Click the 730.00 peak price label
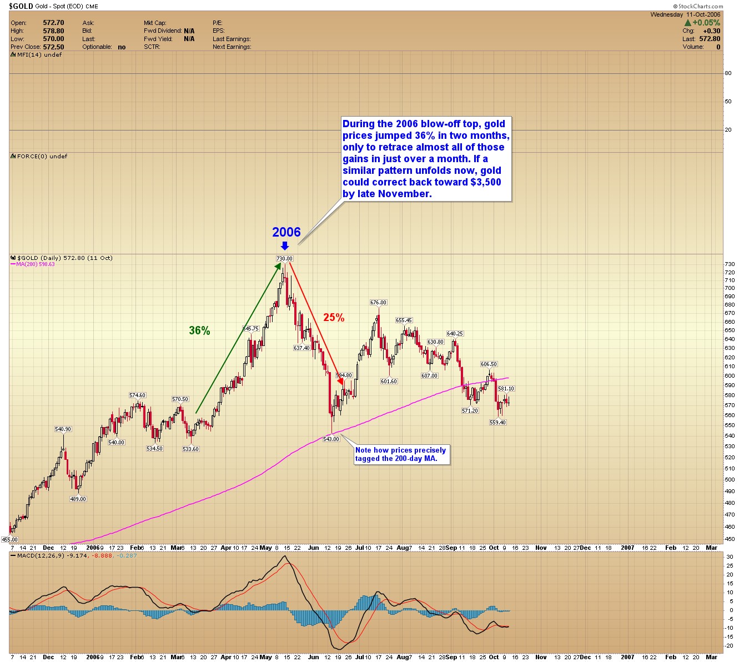[284, 258]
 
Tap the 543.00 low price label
[331, 439]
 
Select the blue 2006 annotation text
[286, 232]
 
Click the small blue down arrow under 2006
[285, 245]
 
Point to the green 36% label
[199, 331]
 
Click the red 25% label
[334, 318]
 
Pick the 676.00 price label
[378, 303]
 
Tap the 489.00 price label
[78, 499]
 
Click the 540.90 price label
[63, 429]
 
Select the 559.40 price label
[497, 423]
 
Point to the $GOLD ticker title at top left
[21, 6]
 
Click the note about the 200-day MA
[401, 454]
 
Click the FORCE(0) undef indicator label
[42, 157]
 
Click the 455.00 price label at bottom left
[9, 539]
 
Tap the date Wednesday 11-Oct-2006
[685, 15]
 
